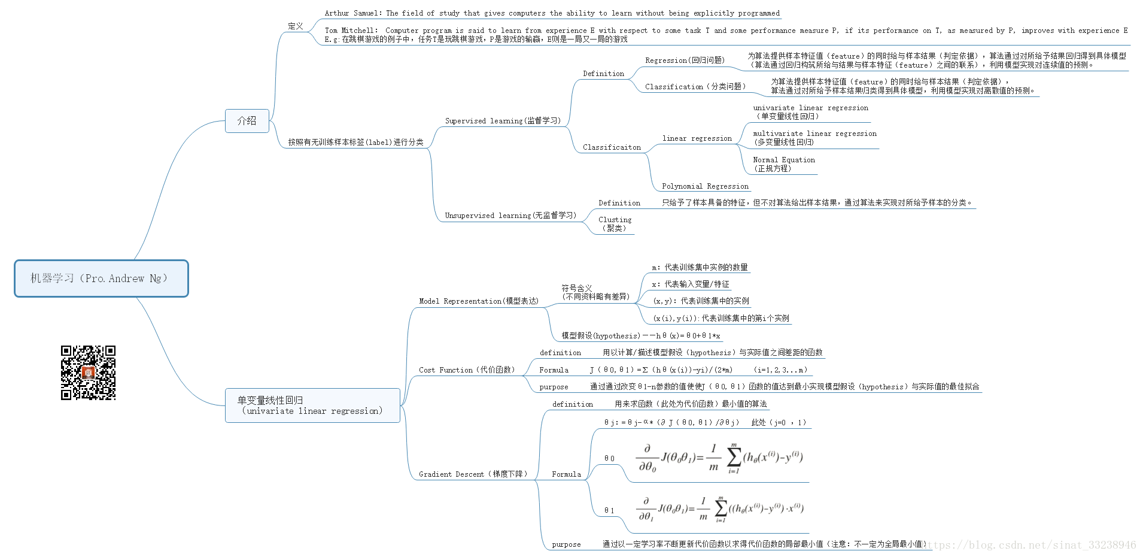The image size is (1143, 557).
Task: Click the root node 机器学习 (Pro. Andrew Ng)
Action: tap(101, 278)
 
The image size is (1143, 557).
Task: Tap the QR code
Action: tap(88, 373)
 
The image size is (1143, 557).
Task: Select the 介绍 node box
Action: tap(247, 121)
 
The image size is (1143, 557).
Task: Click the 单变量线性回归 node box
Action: tap(312, 405)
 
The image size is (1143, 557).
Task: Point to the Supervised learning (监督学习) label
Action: tap(503, 121)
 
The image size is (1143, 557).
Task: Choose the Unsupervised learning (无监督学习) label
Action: tap(510, 216)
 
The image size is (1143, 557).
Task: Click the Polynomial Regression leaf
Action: tap(705, 186)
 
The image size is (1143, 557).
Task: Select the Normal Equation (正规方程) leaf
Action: tap(783, 164)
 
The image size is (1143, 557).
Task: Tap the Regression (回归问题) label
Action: tap(685, 60)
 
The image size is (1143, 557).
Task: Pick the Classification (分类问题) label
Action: tap(695, 87)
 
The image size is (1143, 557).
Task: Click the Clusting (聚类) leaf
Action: tap(615, 224)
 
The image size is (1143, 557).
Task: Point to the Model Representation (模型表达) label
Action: tap(479, 301)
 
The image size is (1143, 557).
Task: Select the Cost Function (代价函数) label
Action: tap(467, 370)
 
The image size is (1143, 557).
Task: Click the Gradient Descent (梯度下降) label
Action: tap(473, 474)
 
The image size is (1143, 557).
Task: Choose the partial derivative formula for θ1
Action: tap(719, 509)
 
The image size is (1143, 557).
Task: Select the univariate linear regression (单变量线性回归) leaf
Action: tap(810, 112)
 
